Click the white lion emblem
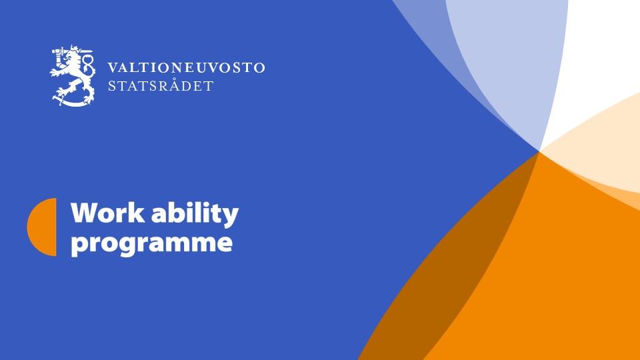point(73,75)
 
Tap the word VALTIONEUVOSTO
point(186,68)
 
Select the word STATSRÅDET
point(161,86)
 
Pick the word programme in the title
point(151,242)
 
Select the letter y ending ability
point(230,216)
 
